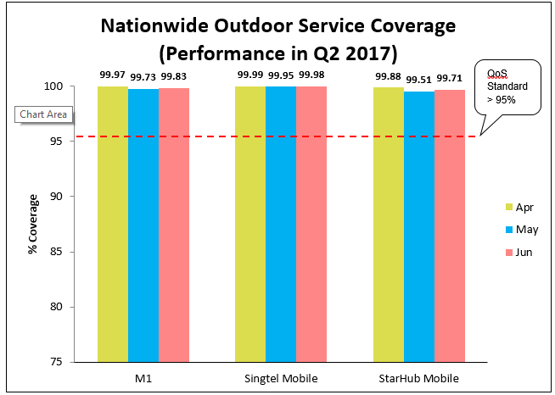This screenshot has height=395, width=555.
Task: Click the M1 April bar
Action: (x=113, y=224)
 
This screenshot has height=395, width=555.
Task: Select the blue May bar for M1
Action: (x=143, y=225)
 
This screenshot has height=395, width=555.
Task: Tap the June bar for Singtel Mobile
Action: (x=311, y=224)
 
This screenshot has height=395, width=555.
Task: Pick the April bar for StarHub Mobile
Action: (x=389, y=224)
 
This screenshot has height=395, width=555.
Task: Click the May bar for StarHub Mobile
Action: (x=419, y=225)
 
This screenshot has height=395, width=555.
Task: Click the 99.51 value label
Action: (x=419, y=81)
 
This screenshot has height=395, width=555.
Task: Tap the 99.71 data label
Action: (x=450, y=79)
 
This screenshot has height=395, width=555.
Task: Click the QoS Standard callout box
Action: (x=507, y=86)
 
